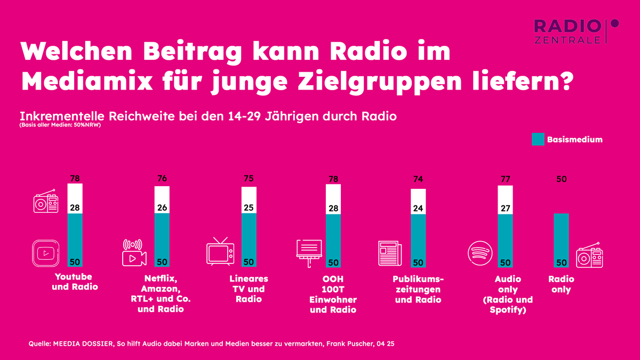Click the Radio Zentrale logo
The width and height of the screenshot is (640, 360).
point(576,31)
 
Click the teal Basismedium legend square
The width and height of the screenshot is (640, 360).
point(538,140)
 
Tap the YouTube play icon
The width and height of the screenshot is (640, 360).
point(45,253)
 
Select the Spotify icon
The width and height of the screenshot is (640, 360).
point(480,253)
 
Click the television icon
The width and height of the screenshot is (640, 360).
point(220,252)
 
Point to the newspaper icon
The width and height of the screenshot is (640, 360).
point(390,253)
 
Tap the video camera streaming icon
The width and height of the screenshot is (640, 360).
point(133,252)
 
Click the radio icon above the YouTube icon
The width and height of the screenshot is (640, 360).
point(45,202)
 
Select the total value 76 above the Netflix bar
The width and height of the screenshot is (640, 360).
point(162,179)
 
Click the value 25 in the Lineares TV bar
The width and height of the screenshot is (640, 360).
point(249,207)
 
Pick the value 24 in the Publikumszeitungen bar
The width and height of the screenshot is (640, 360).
point(418,208)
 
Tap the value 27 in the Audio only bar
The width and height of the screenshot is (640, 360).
point(505,207)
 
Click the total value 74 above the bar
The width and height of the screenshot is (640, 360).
point(418,180)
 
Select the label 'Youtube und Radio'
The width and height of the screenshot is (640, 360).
point(75,282)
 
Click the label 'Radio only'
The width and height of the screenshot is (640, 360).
point(561,284)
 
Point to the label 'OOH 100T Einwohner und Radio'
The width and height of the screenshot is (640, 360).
point(333,294)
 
